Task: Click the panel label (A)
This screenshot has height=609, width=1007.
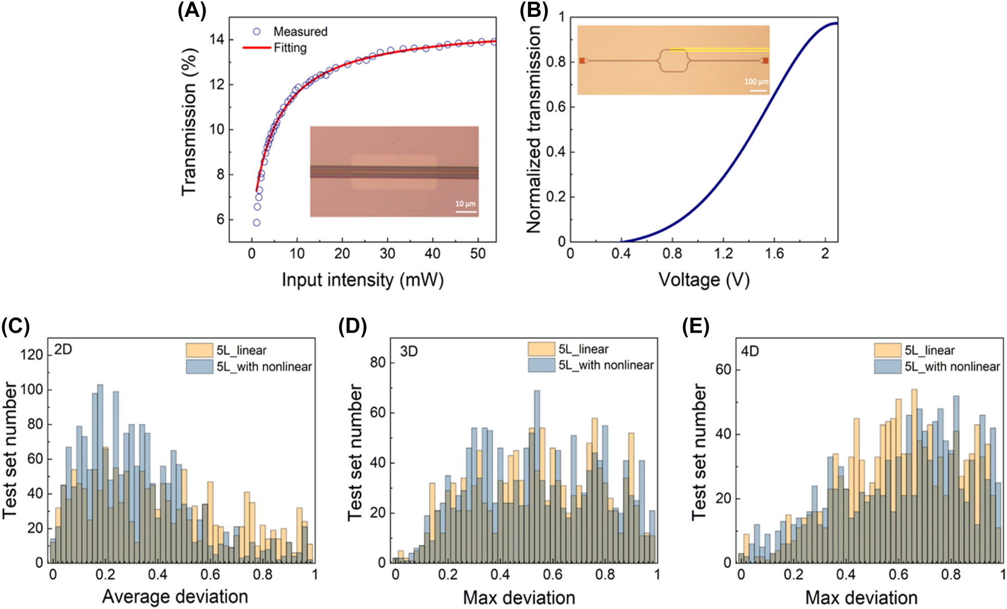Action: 192,10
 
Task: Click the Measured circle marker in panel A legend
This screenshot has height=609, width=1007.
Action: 257,32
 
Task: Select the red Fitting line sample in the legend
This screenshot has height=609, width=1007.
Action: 256,48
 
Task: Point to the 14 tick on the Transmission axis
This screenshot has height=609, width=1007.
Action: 217,39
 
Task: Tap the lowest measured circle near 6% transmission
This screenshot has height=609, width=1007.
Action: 256,223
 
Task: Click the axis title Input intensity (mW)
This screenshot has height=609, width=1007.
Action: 363,280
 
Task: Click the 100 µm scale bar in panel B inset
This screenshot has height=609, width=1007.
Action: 758,91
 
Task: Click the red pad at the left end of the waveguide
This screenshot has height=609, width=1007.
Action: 582,61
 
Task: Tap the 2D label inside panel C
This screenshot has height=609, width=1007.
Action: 63,350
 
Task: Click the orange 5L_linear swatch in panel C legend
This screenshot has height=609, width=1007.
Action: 199,351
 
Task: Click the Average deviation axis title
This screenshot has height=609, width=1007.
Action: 175,597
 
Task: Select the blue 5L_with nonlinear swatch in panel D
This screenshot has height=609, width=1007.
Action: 541,365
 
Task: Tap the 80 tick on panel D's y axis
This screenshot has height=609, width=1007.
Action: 377,362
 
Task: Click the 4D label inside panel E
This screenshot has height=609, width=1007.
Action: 750,351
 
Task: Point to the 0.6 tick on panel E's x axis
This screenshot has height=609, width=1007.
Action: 898,574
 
